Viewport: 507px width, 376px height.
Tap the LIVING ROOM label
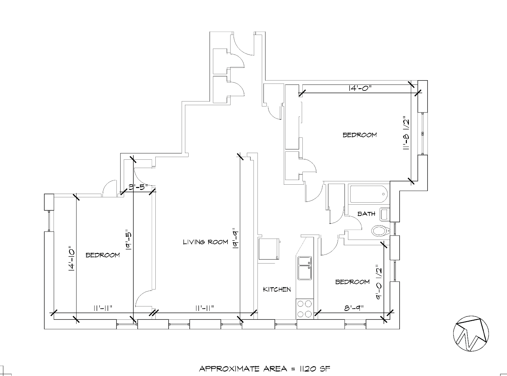click(x=205, y=242)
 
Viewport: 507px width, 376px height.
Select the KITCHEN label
click(x=277, y=289)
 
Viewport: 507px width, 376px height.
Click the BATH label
click(x=366, y=214)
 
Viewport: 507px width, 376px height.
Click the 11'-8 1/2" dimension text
click(x=406, y=133)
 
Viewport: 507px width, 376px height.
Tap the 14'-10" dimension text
click(x=71, y=259)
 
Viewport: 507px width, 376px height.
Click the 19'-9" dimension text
click(x=235, y=238)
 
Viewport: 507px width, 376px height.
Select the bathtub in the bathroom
click(x=369, y=194)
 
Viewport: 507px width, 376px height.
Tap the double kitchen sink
click(x=305, y=268)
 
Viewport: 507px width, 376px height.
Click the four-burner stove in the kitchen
click(x=304, y=309)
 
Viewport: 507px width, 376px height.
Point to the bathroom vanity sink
click(x=384, y=214)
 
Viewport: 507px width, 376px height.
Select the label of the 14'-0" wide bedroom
click(x=360, y=135)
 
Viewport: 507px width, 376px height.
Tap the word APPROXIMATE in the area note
click(x=229, y=369)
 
